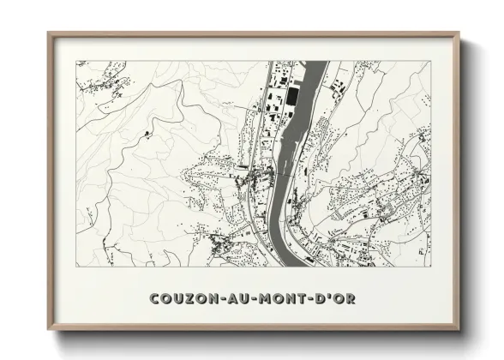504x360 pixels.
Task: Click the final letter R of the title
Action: tap(351, 299)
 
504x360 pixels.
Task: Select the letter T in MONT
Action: tap(292, 299)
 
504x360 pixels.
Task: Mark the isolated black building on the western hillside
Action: tap(149, 135)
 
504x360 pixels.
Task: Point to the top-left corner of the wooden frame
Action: tap(48, 33)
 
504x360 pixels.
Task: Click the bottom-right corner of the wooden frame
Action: tap(460, 331)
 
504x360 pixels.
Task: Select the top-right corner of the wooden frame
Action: tap(460, 33)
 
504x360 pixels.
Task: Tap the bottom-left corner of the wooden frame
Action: tap(48, 331)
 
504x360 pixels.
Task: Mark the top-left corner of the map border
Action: tap(76, 61)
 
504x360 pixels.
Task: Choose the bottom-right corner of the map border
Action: tap(431, 267)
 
